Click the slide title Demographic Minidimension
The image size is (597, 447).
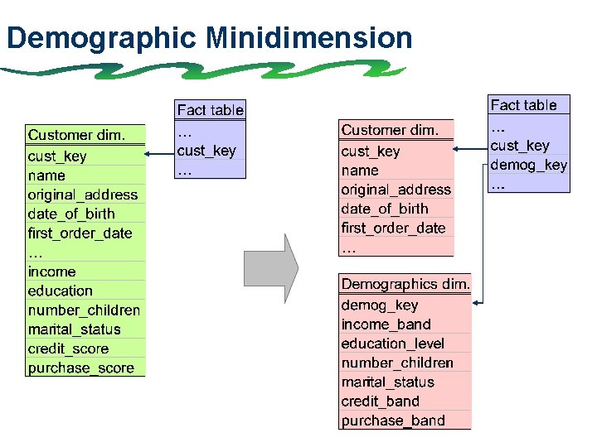208,38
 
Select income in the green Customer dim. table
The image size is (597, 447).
51,272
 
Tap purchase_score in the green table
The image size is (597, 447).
80,368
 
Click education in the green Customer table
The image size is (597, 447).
60,291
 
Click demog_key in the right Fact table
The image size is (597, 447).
528,165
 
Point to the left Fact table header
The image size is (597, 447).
210,109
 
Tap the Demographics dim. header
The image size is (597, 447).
405,284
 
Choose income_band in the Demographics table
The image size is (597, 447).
386,324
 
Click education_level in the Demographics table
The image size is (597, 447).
392,343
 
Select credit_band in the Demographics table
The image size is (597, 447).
380,401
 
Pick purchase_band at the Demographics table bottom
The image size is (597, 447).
392,420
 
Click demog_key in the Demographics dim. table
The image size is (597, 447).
379,305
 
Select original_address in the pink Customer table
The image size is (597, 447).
396,189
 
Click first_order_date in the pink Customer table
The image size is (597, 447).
393,228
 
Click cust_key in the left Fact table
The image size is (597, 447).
206,151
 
